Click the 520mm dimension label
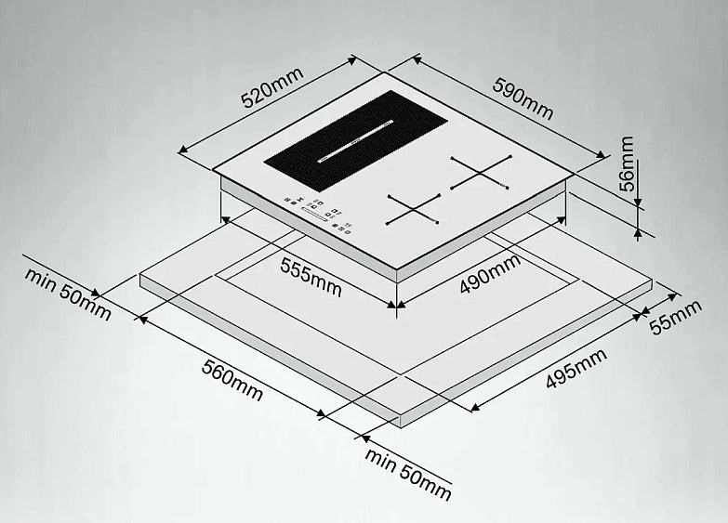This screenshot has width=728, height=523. point(272,87)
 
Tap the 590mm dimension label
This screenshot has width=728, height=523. point(523,98)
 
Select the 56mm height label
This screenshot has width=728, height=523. point(627,163)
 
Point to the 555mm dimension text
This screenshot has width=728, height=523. point(311,277)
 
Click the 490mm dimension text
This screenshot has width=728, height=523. point(490,275)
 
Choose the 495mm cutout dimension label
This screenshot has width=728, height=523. point(576,368)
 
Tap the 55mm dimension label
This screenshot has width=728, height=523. point(675,318)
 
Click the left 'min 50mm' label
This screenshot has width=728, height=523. point(68,294)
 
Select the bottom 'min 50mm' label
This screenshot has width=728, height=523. point(408,475)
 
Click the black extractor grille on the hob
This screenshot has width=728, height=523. point(356,140)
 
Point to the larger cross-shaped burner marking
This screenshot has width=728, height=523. point(481,173)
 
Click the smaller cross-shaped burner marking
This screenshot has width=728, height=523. point(413,210)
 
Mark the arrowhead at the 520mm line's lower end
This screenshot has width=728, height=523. point(183,150)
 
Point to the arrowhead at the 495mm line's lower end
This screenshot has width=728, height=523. point(474,408)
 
